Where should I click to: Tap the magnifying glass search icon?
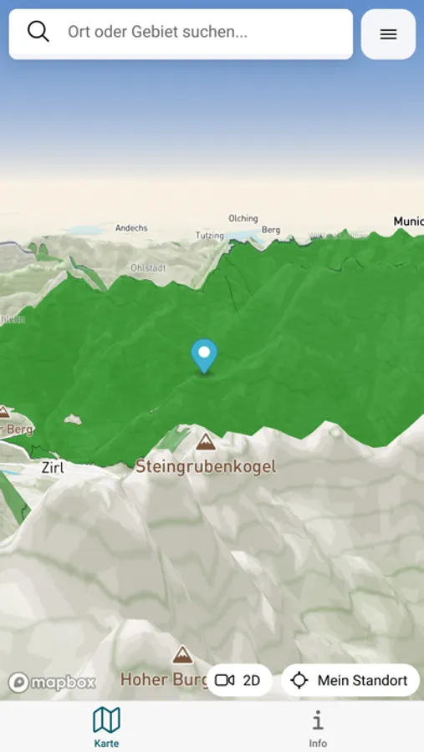click(38, 32)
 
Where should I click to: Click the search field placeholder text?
click(158, 33)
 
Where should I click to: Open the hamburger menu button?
click(388, 34)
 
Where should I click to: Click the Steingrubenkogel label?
click(206, 466)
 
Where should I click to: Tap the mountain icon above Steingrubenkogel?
click(206, 441)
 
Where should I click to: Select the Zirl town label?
click(53, 468)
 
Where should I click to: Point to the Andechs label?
click(131, 227)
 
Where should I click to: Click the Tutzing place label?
click(210, 236)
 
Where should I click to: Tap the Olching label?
click(243, 218)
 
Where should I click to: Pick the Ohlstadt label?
click(148, 268)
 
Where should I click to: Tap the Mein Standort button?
click(350, 680)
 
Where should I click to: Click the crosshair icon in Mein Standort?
click(299, 680)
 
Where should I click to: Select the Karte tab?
click(106, 725)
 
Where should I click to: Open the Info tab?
click(318, 725)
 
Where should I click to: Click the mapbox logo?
click(53, 683)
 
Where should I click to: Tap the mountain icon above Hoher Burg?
click(181, 654)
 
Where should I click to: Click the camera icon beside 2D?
click(224, 680)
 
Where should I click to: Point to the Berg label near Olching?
click(271, 229)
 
